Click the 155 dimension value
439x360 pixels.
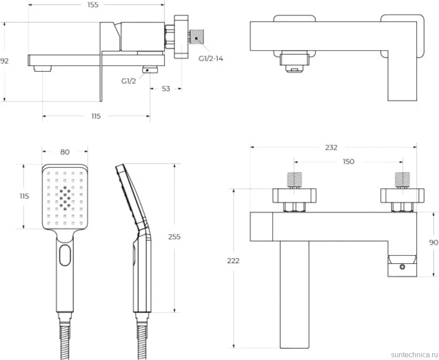pyautogui.click(x=93, y=5)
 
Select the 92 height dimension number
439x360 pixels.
pyautogui.click(x=4, y=61)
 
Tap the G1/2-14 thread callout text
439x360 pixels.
pyautogui.click(x=211, y=58)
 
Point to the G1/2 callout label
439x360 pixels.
pyautogui.click(x=129, y=81)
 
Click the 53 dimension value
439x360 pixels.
pyautogui.click(x=166, y=89)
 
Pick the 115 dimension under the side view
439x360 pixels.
pyautogui.click(x=96, y=116)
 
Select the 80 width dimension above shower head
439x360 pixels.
pyautogui.click(x=65, y=152)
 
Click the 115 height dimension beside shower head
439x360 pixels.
pyautogui.click(x=24, y=196)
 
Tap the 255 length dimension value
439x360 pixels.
pyautogui.click(x=174, y=237)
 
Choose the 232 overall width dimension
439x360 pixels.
pyautogui.click(x=331, y=147)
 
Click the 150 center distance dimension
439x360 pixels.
pyautogui.click(x=348, y=161)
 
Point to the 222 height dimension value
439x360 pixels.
pyautogui.click(x=233, y=261)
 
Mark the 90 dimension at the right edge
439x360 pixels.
pyautogui.click(x=434, y=242)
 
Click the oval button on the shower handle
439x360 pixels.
pyautogui.click(x=65, y=255)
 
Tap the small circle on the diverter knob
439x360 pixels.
pyautogui.click(x=402, y=267)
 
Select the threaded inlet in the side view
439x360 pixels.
pyautogui.click(x=198, y=37)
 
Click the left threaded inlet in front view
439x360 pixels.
pyautogui.click(x=295, y=180)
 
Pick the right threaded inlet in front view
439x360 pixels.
pyautogui.click(x=402, y=180)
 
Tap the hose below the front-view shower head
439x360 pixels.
pyautogui.click(x=65, y=342)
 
